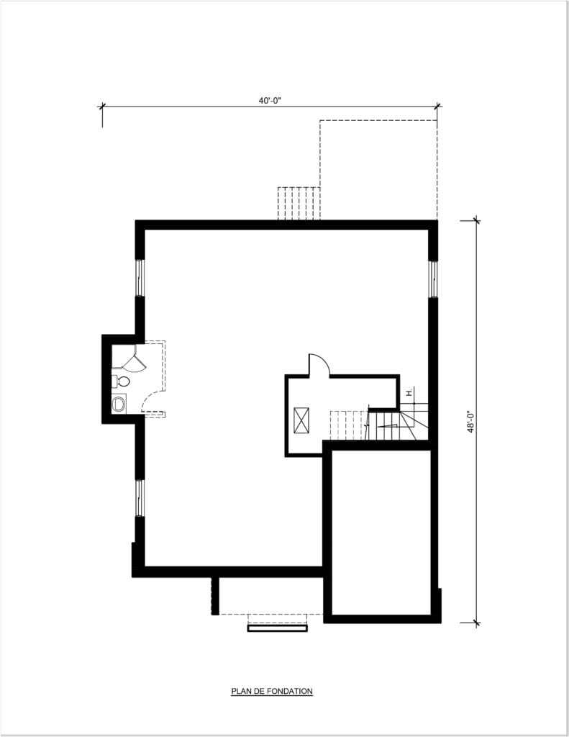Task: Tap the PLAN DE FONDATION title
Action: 272,691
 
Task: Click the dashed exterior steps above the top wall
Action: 299,203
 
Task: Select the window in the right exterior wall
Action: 433,279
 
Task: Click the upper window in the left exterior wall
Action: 140,277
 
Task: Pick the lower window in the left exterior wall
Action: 140,498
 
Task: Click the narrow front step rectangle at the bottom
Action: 278,628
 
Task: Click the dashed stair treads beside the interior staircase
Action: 348,425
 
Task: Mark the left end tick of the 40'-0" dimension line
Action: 102,107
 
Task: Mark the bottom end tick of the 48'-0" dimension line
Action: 476,623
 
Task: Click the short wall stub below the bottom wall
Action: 215,595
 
